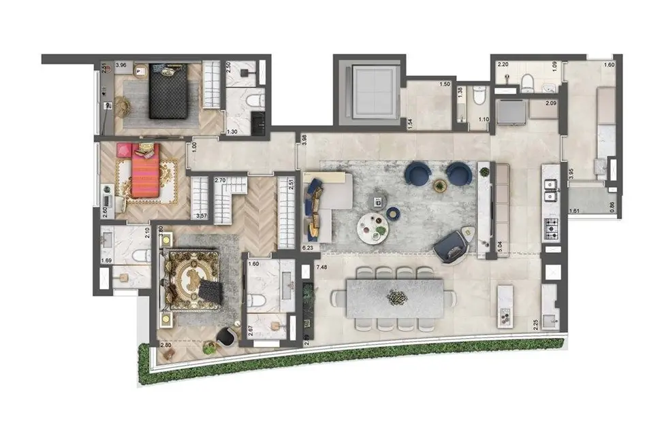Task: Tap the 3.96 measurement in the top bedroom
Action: point(121,66)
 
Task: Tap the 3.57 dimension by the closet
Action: point(201,216)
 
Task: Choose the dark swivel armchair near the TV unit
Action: point(452,244)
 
